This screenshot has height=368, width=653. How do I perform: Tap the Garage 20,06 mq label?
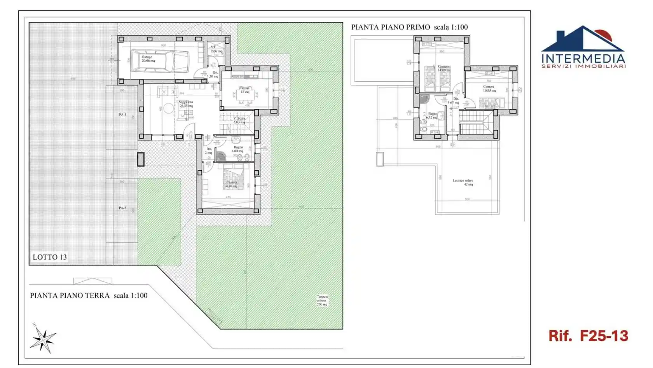(x=148, y=59)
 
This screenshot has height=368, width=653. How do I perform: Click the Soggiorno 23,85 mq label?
(x=186, y=104)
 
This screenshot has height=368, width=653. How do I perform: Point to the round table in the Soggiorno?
(x=168, y=108)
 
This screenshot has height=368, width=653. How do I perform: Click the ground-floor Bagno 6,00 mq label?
(x=237, y=149)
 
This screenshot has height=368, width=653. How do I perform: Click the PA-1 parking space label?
(x=122, y=115)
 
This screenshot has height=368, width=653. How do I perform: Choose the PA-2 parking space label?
(x=122, y=208)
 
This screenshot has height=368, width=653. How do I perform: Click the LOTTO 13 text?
(x=49, y=257)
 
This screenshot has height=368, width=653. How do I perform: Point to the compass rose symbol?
(x=43, y=339)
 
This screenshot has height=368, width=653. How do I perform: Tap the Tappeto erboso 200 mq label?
(x=322, y=300)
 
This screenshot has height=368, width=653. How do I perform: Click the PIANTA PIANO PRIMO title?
(x=390, y=27)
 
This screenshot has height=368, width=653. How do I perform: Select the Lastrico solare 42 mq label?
(x=463, y=182)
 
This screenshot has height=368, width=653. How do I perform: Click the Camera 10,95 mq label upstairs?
(x=489, y=89)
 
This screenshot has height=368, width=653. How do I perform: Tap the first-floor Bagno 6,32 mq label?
(x=432, y=115)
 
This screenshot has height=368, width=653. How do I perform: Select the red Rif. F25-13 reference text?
(x=588, y=336)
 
